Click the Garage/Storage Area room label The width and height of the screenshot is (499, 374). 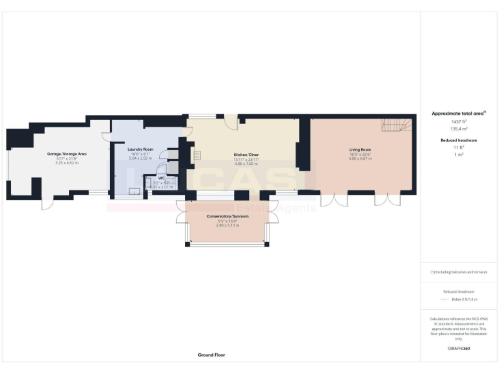pos(67,154)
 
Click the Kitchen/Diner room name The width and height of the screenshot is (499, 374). pos(246,154)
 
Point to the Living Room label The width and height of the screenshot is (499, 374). pos(359,149)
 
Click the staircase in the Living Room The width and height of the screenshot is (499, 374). pos(395,124)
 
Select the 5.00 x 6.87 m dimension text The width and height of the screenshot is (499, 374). pos(359,158)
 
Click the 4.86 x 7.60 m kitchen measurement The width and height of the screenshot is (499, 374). pos(246,163)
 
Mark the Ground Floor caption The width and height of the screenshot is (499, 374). pos(212,355)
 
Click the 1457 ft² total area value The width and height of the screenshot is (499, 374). pos(459,121)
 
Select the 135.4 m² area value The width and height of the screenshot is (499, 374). pos(459,129)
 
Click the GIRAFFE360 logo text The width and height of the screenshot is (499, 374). pos(459,349)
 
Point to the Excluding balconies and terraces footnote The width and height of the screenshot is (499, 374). pos(459,272)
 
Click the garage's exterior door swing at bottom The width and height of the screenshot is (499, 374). pos(47,203)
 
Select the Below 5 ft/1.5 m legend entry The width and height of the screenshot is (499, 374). pos(464,299)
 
